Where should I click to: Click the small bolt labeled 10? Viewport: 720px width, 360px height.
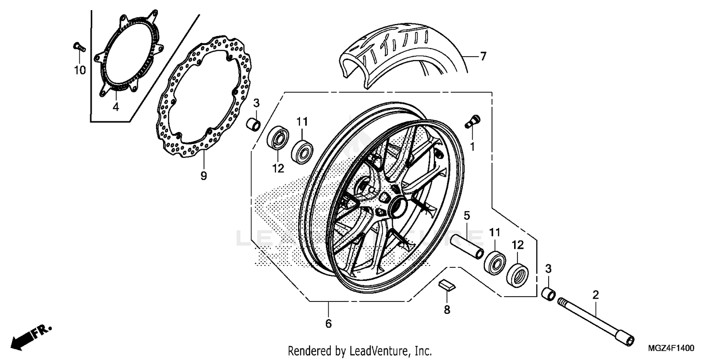[78, 47]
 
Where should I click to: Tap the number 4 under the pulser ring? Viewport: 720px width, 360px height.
[116, 107]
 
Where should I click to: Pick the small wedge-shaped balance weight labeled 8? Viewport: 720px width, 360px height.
[446, 285]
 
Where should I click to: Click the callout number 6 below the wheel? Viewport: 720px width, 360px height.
[328, 324]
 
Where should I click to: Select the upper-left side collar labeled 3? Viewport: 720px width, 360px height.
[253, 124]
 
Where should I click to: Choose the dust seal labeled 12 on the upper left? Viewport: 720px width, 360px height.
[277, 139]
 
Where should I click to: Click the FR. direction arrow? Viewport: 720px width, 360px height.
[31, 336]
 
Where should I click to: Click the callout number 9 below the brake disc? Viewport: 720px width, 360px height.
[204, 176]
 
